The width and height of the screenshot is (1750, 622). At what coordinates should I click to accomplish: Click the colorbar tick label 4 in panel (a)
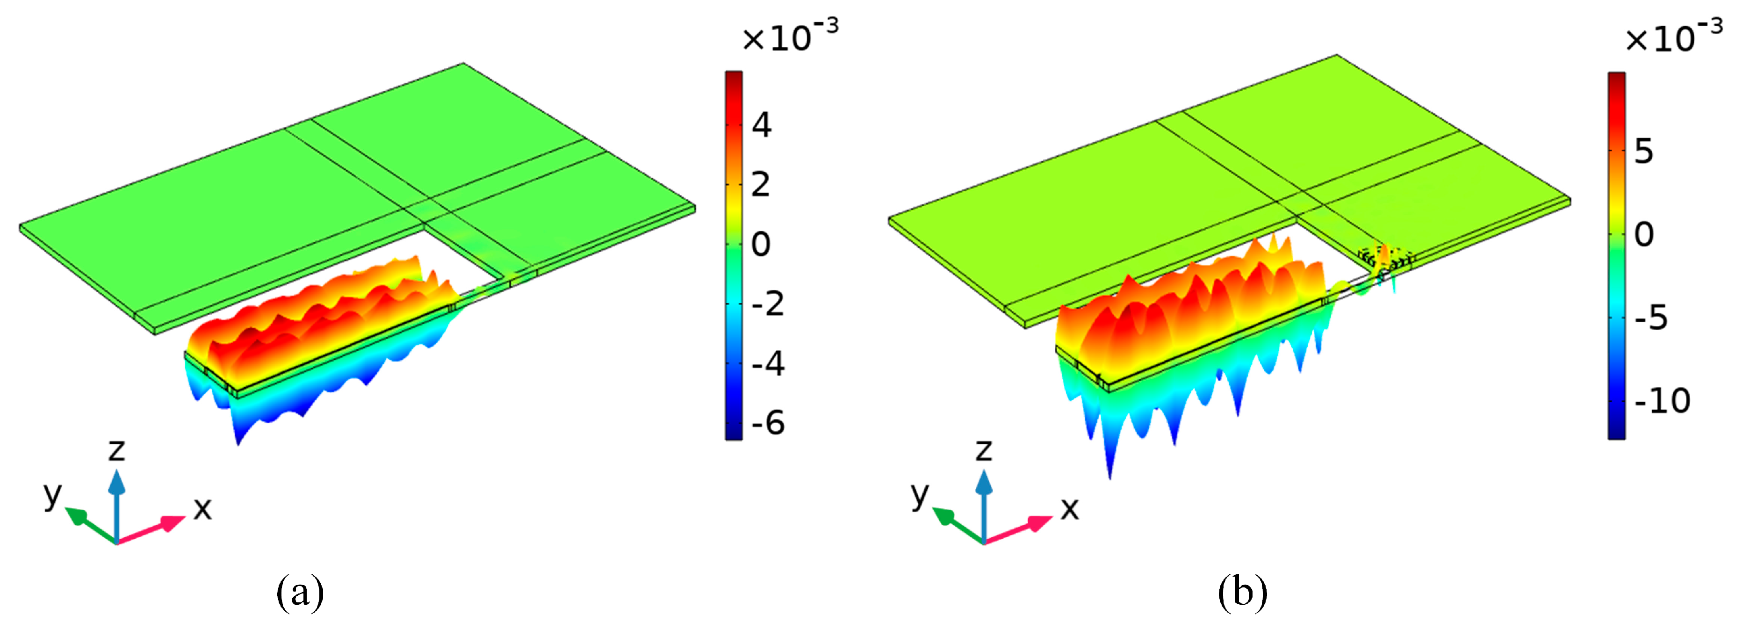762,125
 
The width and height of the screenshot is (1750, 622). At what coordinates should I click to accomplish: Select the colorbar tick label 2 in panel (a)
761,185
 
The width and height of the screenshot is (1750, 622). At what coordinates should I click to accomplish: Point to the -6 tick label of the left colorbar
768,423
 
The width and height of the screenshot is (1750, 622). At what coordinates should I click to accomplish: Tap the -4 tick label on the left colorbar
768,364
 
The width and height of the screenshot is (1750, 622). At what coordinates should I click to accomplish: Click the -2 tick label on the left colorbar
768,304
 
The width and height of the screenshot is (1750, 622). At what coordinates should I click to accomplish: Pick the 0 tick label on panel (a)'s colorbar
761,244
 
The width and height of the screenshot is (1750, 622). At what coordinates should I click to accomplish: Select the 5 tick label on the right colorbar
1643,151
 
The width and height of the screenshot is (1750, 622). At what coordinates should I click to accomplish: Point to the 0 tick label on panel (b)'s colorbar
1644,234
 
